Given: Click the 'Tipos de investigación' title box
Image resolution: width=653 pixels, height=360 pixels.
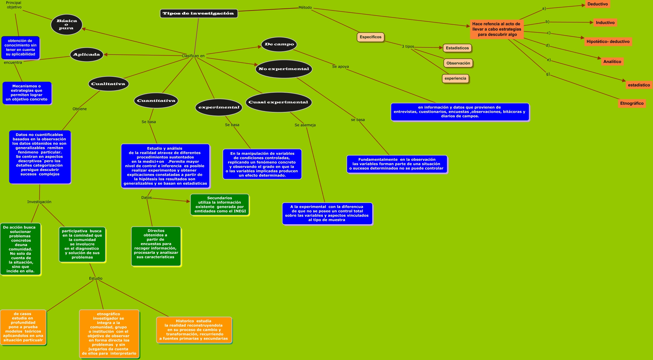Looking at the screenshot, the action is pos(199,13).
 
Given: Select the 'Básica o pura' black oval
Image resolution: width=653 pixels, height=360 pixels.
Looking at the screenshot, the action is pos(67,25).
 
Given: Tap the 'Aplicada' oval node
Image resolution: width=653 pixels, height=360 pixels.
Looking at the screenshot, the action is pos(87,55).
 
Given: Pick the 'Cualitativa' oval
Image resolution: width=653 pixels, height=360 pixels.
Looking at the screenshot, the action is pos(108,84).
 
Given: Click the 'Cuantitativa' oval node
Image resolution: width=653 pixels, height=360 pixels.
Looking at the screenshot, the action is pos(156,101).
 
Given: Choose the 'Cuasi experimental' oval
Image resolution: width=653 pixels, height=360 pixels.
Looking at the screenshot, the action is pos(278,102).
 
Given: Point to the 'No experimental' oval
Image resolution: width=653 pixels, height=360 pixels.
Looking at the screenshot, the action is pos(284,69).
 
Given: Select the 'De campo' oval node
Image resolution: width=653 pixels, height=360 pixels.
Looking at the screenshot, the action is pos(279,44).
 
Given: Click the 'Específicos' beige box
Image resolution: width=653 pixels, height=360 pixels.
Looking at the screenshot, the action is pos(371,37).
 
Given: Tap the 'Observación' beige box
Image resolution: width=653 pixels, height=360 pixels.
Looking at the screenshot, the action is pos(458,63).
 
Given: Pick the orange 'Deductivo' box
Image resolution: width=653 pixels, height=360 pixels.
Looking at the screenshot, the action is pos(597,4).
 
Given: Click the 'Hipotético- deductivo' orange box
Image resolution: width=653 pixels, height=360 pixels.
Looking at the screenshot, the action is pos(608,42).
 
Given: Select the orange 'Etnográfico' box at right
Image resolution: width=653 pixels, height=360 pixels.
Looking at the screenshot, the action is pos(632,103).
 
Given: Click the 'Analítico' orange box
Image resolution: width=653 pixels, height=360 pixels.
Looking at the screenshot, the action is pos(612,62).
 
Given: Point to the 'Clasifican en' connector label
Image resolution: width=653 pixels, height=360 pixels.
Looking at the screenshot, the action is pos(193,56).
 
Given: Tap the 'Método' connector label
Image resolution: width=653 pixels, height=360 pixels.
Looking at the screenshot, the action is pos(305,7).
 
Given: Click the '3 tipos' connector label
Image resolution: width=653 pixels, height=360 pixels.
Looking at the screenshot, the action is pos(408,46).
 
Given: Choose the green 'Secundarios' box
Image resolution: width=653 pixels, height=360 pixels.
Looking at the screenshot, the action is pos(220,205).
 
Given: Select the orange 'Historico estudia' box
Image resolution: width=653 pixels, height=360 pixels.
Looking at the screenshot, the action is pos(194,330).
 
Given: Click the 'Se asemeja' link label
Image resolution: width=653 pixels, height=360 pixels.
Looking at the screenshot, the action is pos(305,125).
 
